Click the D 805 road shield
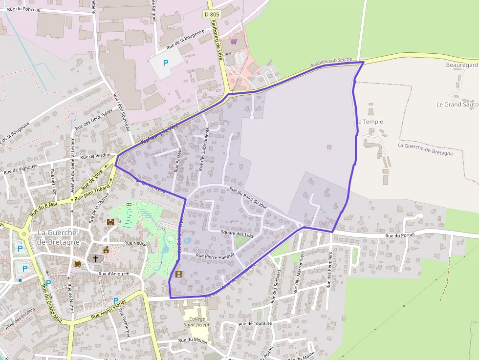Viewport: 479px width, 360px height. coord(212,15)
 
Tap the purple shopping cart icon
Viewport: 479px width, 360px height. coord(234,42)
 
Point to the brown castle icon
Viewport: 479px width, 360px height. coord(110,222)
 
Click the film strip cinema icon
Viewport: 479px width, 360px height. coord(178,274)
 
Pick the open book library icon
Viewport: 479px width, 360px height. coord(77,264)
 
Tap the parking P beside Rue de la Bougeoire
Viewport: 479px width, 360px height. coord(165,63)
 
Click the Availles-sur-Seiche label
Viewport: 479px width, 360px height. coord(331,63)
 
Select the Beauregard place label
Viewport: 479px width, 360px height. coord(461,65)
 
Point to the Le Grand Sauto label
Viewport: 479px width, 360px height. coord(457,104)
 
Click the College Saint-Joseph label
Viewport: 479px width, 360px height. coord(197,321)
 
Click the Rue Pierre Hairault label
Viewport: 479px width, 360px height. coord(215,255)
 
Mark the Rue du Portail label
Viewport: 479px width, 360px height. coord(399,236)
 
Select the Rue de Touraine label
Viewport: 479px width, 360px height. coord(255,324)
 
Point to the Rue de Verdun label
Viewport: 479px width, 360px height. coord(96,157)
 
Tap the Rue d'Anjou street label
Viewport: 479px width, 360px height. coord(111,274)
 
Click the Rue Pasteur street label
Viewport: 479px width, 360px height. coord(177,161)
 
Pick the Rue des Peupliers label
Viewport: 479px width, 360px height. coord(329,270)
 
